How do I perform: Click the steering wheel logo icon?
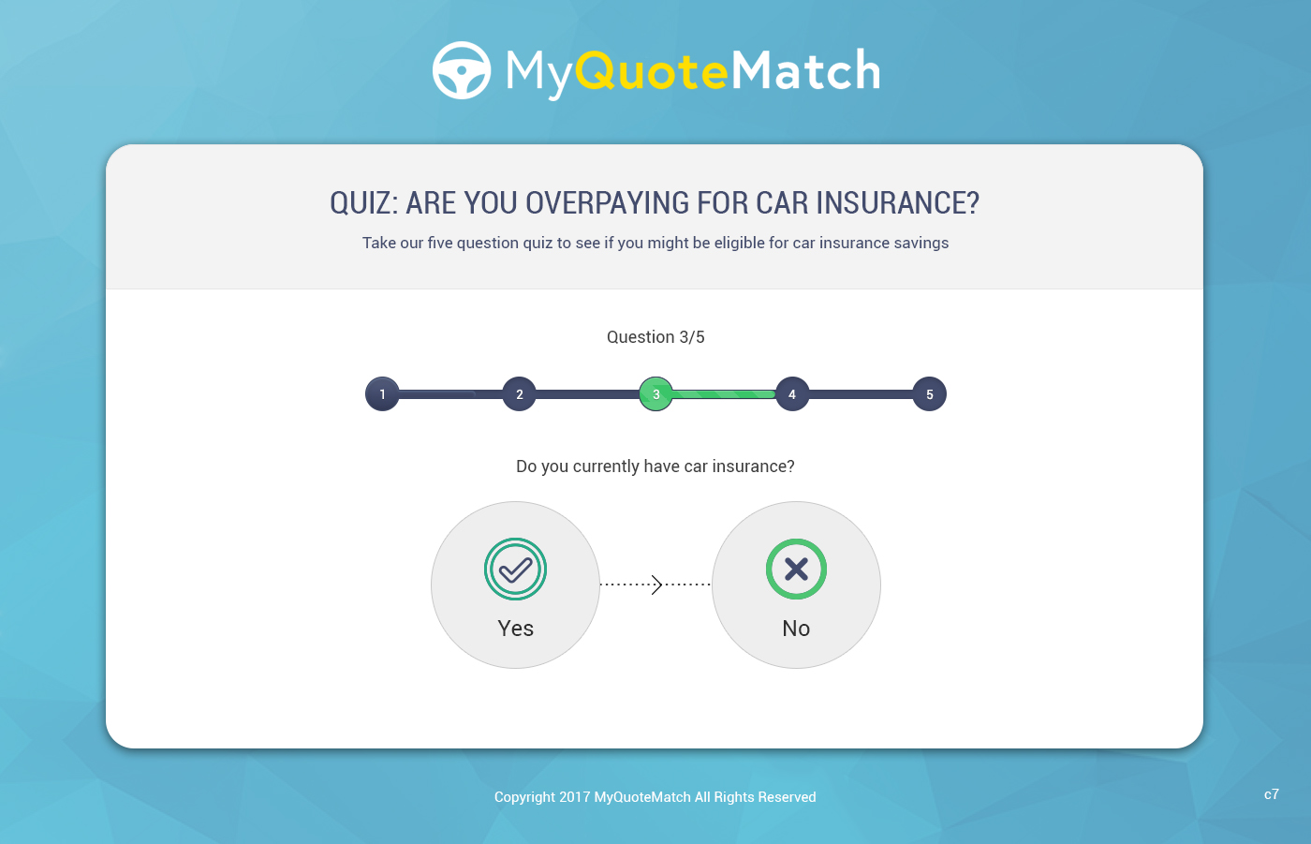click(462, 70)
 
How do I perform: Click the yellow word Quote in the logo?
click(652, 71)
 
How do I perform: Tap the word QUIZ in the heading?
click(363, 203)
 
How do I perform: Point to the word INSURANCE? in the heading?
click(897, 203)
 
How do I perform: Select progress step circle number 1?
click(382, 394)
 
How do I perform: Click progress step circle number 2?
click(519, 394)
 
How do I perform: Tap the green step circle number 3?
click(655, 394)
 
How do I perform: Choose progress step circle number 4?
click(792, 394)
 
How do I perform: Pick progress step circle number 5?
click(929, 394)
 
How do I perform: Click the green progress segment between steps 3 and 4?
click(724, 394)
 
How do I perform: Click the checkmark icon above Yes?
click(516, 569)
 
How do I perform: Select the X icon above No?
click(796, 569)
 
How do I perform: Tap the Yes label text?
click(516, 629)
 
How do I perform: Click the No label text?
click(796, 629)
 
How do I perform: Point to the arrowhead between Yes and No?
click(656, 585)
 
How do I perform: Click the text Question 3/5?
click(655, 337)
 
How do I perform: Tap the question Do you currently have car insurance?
click(655, 466)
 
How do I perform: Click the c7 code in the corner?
click(1272, 794)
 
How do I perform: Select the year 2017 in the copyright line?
click(575, 797)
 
